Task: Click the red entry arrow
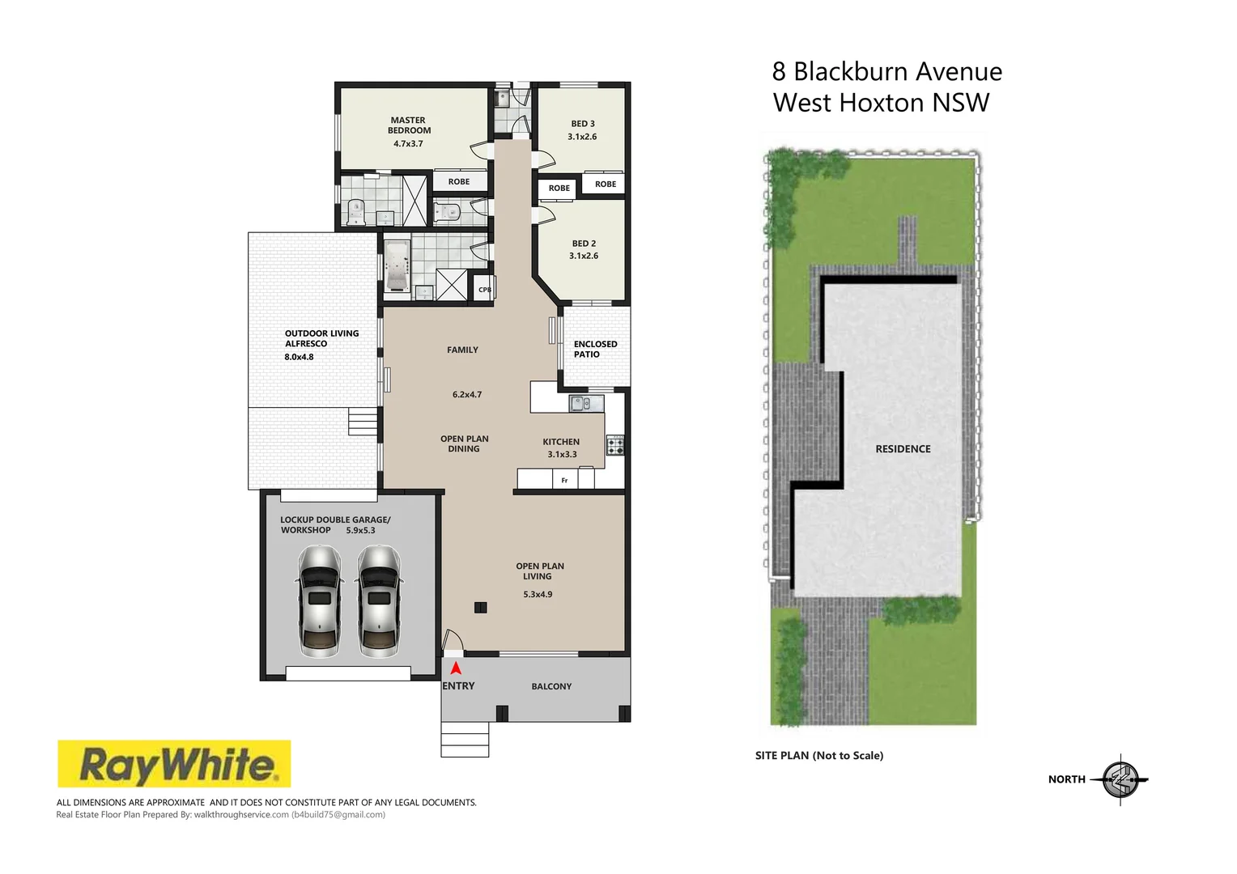click(x=456, y=668)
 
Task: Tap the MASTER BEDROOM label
click(x=409, y=125)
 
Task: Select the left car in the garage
click(x=320, y=600)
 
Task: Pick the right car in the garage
click(x=379, y=600)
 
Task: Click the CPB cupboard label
click(x=484, y=290)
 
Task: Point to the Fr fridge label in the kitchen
click(x=564, y=480)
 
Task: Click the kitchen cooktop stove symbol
click(x=615, y=445)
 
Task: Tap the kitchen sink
click(x=585, y=403)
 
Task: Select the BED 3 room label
click(x=583, y=124)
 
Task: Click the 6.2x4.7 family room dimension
click(x=467, y=395)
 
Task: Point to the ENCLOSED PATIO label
click(x=595, y=349)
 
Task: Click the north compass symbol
click(x=1121, y=779)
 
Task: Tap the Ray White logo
click(x=174, y=764)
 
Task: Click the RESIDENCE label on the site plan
click(x=903, y=449)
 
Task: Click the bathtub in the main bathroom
click(x=396, y=265)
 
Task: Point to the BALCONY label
click(x=551, y=686)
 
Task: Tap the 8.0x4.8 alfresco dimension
click(x=299, y=357)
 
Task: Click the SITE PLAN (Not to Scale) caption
click(x=819, y=756)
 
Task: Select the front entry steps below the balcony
click(x=465, y=740)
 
